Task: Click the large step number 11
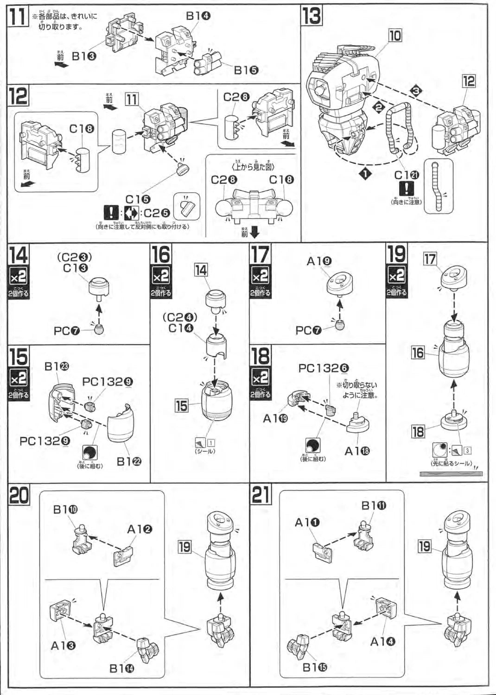18,18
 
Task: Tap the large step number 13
312,15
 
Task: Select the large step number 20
19,495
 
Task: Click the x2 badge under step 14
19,277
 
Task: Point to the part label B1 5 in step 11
246,70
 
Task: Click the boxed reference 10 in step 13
395,36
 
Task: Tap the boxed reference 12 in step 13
469,82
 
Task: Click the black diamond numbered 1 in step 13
365,174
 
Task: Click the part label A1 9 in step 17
319,261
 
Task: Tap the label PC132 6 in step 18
323,368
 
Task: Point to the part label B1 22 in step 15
129,461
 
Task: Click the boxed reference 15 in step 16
181,406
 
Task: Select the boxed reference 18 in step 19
418,432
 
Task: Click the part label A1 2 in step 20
140,529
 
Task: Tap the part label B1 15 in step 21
314,667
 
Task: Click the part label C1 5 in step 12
138,199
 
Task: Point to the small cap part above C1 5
181,168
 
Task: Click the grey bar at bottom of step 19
451,474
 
